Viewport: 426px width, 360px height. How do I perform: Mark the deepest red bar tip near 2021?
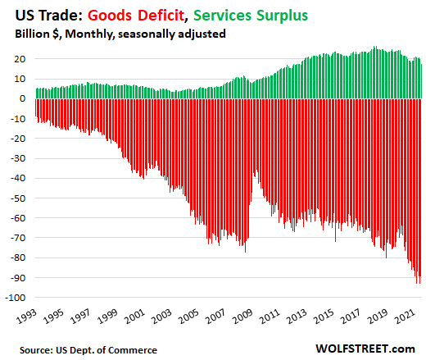(x=418, y=283)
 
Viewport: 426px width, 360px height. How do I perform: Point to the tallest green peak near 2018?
(x=374, y=48)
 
